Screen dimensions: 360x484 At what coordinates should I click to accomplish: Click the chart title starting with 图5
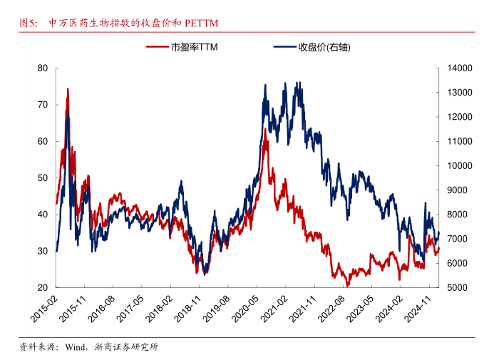tap(118, 24)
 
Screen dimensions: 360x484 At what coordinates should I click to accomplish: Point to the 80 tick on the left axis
tap(43, 68)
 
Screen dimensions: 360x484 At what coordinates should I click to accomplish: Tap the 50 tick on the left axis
tap(43, 178)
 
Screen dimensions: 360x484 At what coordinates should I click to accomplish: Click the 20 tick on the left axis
tap(43, 288)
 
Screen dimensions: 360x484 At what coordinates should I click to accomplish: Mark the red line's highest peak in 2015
tap(68, 89)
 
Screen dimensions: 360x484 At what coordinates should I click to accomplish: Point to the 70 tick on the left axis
tap(43, 105)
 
